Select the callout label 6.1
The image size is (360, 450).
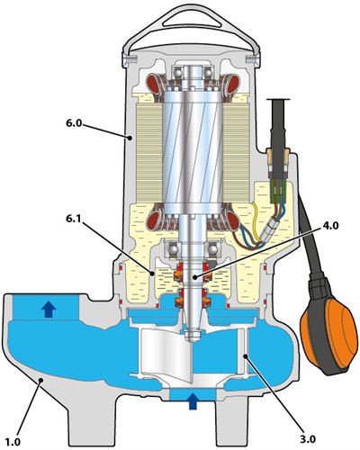[75, 220]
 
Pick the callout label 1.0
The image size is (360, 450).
[13, 442]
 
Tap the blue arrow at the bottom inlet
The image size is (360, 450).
[193, 401]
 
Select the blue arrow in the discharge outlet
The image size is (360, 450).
[49, 310]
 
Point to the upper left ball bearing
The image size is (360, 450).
[176, 73]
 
